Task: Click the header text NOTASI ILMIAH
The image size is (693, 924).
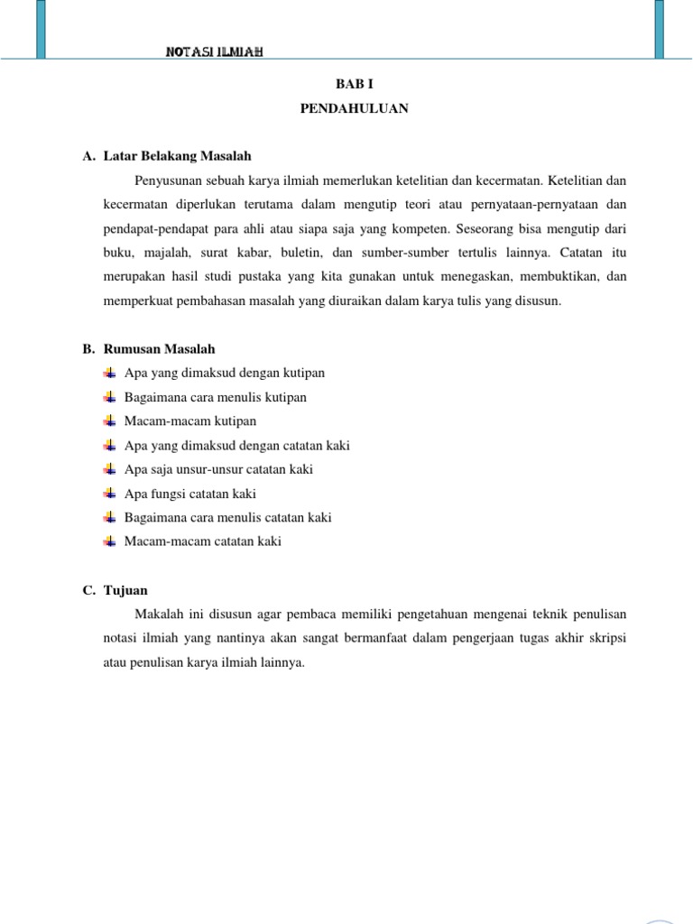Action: click(x=214, y=52)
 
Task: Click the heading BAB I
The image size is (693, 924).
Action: click(x=354, y=83)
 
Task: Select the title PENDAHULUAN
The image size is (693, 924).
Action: click(x=354, y=108)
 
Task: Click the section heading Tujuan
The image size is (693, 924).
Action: click(x=125, y=590)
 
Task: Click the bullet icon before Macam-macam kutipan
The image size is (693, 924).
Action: click(x=110, y=421)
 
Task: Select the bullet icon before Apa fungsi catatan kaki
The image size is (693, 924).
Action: click(x=110, y=494)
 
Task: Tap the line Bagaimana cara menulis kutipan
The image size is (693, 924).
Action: click(x=215, y=397)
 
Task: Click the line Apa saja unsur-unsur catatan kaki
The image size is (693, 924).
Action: click(x=218, y=469)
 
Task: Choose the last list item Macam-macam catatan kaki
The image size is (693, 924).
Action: click(x=202, y=541)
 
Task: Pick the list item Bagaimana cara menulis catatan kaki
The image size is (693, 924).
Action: click(x=227, y=517)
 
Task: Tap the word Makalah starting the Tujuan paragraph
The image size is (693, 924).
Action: click(x=158, y=614)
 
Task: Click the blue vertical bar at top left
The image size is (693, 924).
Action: click(x=42, y=29)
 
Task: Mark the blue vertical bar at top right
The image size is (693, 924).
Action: click(x=659, y=29)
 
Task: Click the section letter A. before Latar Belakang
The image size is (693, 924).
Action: click(x=88, y=156)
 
